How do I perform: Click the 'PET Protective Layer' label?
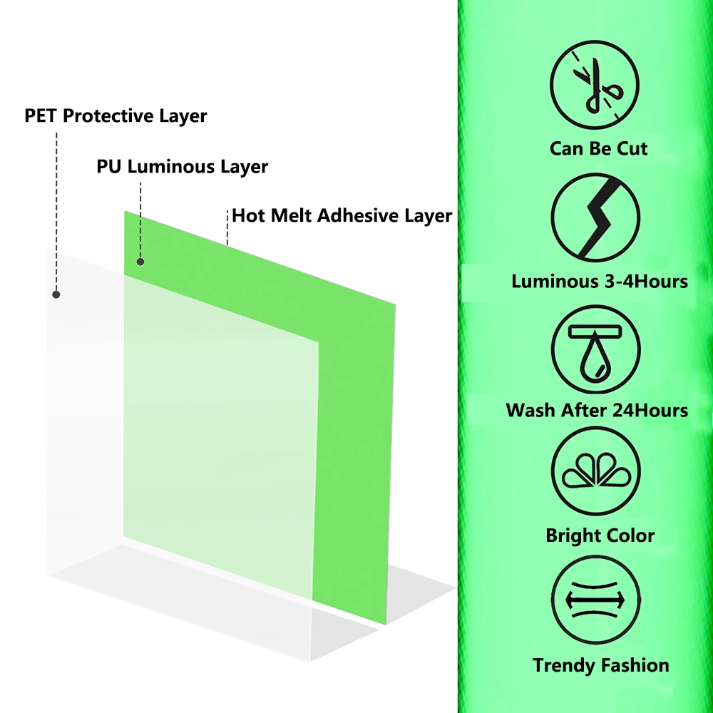coord(116,116)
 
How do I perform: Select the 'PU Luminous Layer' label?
coord(183,167)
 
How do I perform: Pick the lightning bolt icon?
coord(596,218)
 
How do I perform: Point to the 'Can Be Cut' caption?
coord(598,148)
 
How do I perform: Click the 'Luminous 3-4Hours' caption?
coord(599,281)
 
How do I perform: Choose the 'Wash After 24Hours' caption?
coord(597,411)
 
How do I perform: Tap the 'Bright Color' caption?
coord(600,535)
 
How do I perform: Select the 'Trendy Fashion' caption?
coord(600,665)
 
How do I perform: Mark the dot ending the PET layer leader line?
coord(56,294)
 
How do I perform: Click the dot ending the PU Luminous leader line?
coord(140,262)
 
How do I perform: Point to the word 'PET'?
coord(41,116)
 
